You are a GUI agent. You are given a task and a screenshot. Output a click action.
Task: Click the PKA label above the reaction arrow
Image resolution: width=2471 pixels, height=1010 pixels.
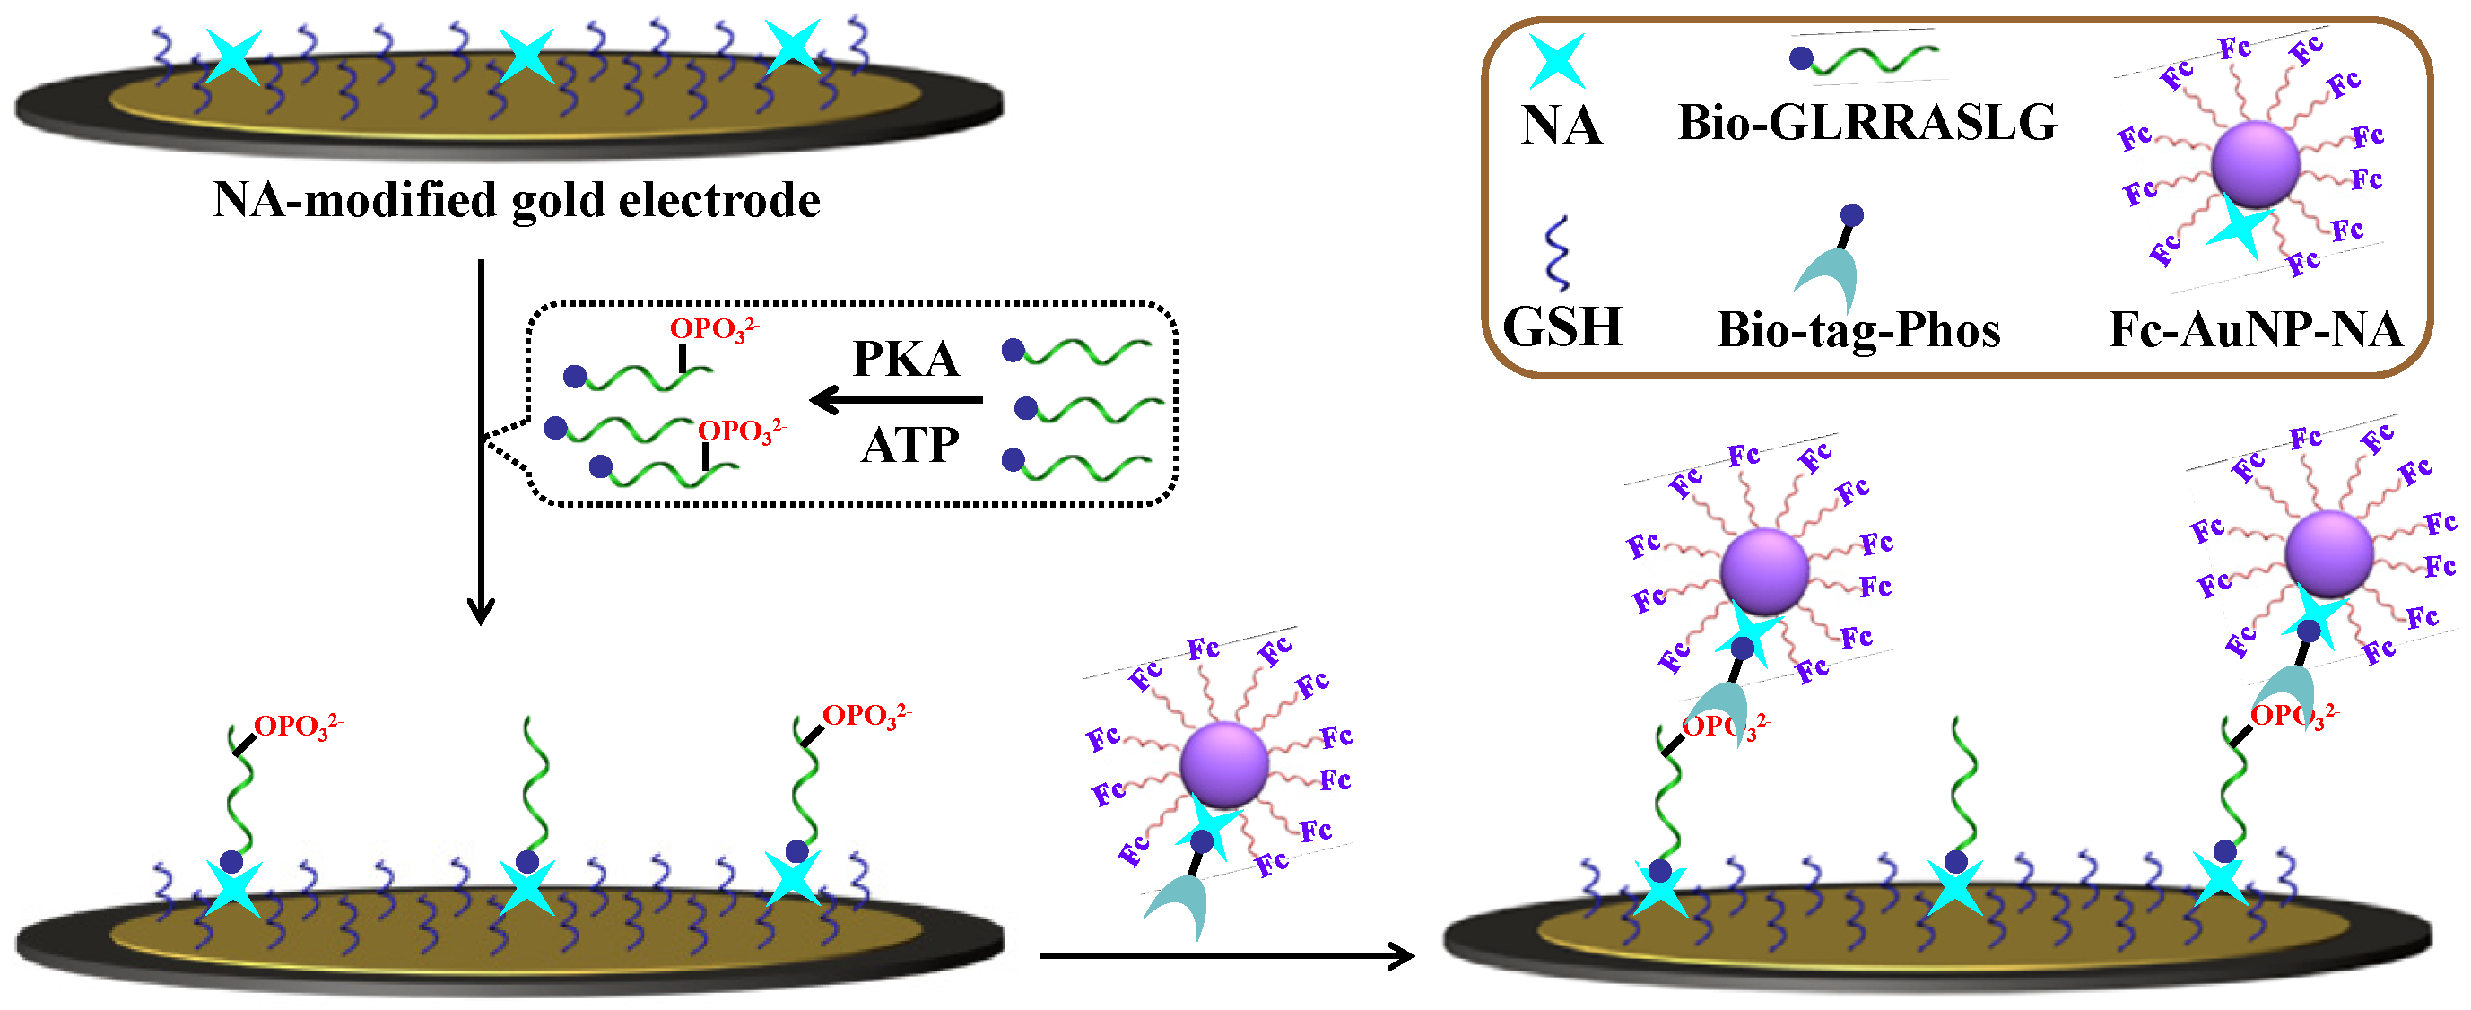coord(906,360)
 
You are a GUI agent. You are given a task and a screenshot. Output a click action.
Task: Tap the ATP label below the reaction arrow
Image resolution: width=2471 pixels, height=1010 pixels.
coord(909,445)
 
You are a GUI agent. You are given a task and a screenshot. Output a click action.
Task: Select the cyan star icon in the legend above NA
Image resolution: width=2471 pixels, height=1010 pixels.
coord(1556,60)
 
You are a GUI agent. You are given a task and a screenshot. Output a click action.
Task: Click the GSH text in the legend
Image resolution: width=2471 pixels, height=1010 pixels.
coord(1562,327)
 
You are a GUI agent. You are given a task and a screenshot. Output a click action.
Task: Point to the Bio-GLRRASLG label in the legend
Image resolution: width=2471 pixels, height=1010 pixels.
coord(1866,123)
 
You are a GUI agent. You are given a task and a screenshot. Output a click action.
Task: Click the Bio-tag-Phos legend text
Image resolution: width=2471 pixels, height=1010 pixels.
coord(1858,330)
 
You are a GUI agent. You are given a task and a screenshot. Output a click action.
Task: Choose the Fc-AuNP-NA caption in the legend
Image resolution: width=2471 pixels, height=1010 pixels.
coord(2254,330)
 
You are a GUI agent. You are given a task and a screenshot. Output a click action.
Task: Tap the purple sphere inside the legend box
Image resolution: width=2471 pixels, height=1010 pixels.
coord(2255,165)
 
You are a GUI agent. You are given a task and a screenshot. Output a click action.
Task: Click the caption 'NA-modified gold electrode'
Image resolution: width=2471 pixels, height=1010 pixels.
coord(516,200)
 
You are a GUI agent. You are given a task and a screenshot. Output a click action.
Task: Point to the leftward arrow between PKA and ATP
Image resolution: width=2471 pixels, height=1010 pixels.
coord(896,399)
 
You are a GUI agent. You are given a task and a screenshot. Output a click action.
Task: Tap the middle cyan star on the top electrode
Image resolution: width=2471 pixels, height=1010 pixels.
coord(526,56)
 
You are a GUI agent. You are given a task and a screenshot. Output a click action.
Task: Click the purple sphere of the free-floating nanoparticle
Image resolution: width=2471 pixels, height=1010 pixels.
coord(1224,764)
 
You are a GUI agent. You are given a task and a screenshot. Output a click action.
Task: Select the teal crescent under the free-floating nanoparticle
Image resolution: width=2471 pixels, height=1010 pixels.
coord(1179,908)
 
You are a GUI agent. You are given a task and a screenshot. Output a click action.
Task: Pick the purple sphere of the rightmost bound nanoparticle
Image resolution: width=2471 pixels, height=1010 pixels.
coord(2328,554)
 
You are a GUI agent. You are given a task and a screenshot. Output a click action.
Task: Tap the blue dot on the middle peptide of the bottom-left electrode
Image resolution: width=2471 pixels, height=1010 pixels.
coord(527,860)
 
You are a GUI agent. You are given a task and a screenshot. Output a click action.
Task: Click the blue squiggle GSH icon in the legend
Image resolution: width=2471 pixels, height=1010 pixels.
coord(1558,253)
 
